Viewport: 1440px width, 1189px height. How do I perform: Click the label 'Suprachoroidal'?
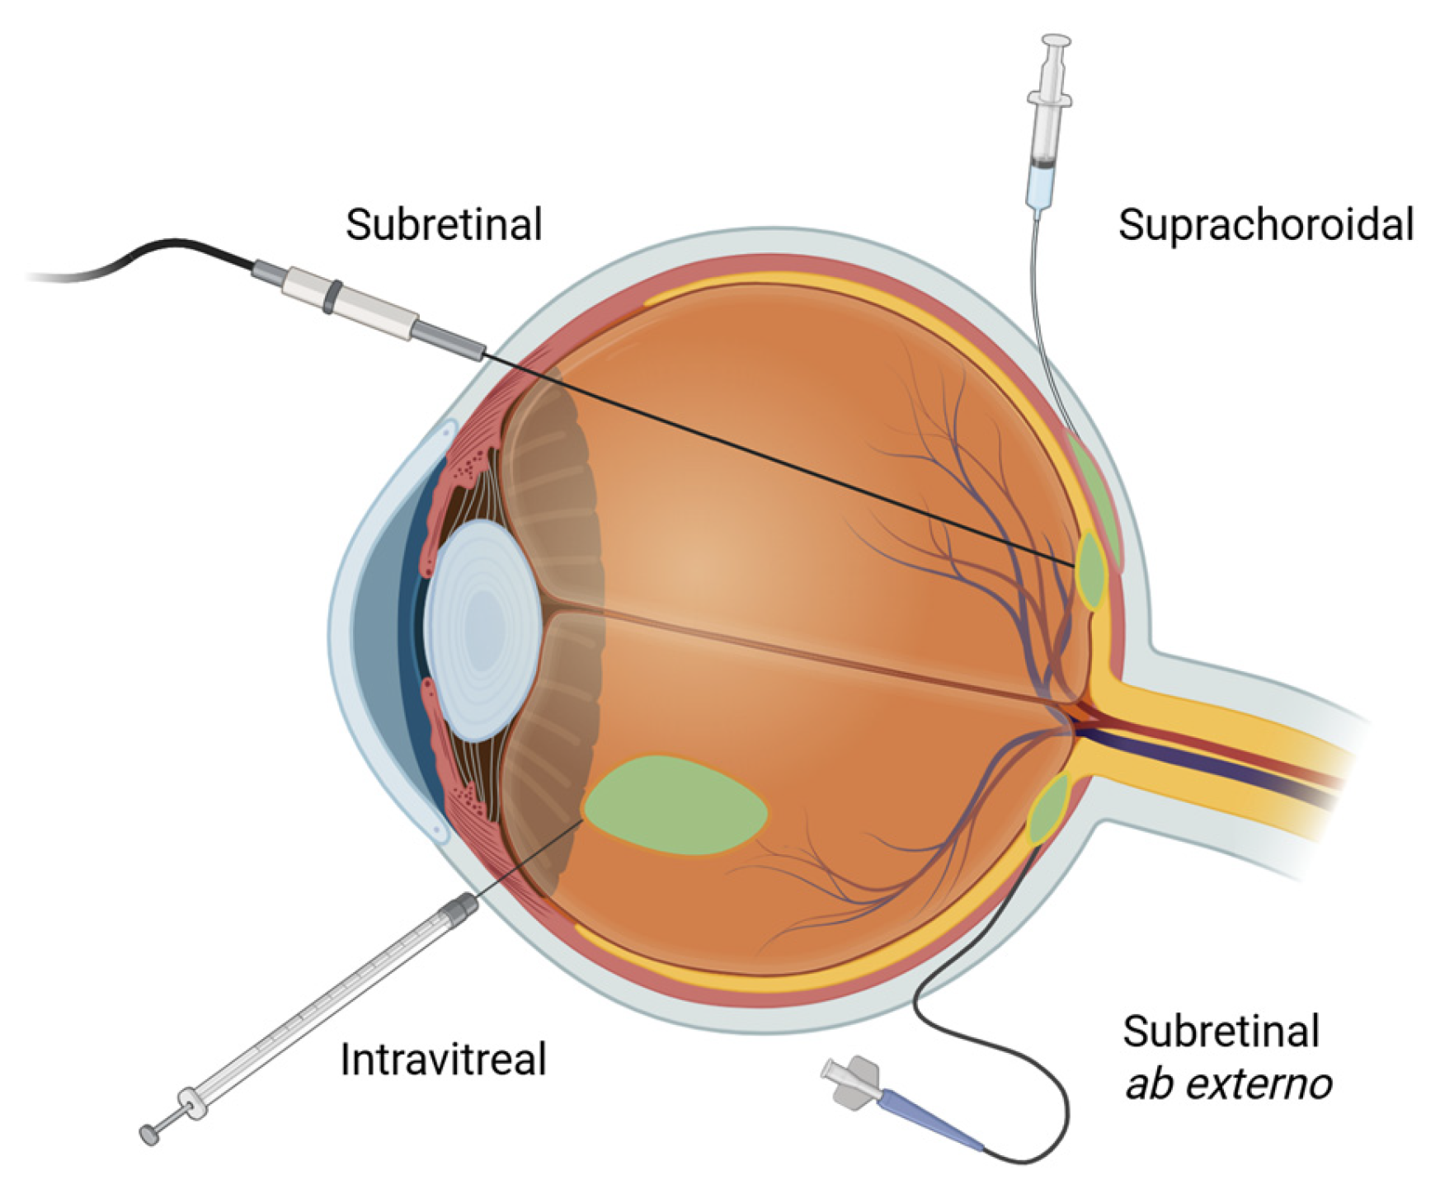(x=1265, y=225)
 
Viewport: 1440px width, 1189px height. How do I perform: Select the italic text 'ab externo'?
(x=1228, y=1083)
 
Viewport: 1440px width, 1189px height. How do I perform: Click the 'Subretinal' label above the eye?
(x=444, y=224)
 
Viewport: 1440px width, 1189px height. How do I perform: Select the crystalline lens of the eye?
(x=483, y=628)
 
